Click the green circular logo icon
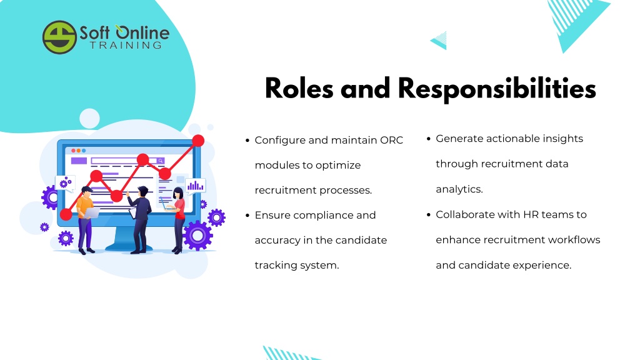[x=59, y=37]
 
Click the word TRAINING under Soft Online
[x=126, y=45]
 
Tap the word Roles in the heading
[x=299, y=88]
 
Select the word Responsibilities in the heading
[x=497, y=89]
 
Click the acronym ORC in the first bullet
[x=391, y=140]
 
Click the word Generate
[x=459, y=139]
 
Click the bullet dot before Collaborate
[x=429, y=215]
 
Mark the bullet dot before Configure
[x=247, y=141]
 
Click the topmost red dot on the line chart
[x=198, y=141]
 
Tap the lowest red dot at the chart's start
[x=66, y=214]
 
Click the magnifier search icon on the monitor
[x=161, y=161]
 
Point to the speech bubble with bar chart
[x=196, y=186]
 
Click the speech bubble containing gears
[x=65, y=184]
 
